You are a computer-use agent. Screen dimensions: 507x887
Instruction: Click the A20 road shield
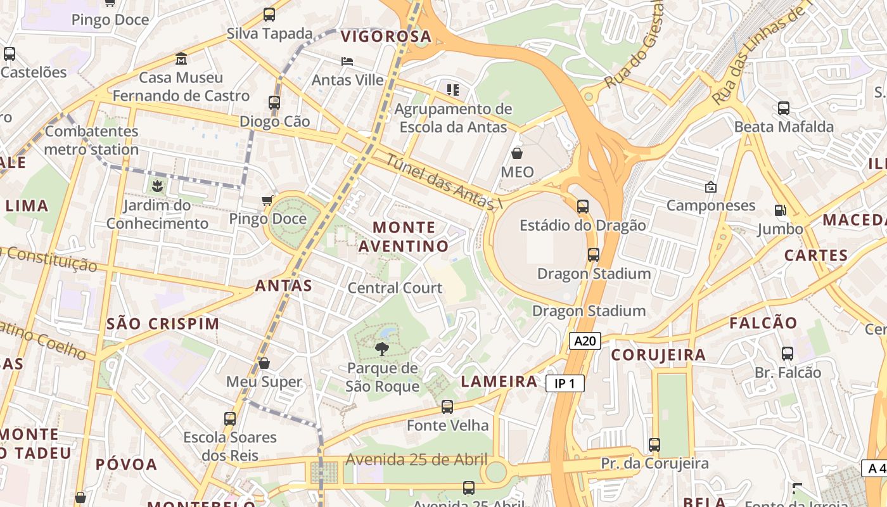584,342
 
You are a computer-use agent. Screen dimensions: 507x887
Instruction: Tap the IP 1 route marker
565,383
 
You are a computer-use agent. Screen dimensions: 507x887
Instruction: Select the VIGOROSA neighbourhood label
386,37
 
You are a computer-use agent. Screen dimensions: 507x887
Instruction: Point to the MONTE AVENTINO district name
404,236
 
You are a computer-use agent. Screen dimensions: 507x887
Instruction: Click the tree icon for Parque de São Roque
381,348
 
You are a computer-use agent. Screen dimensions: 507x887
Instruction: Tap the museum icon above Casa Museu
181,58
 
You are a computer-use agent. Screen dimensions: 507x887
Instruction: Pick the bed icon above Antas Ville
347,61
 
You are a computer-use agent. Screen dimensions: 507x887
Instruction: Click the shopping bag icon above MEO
517,153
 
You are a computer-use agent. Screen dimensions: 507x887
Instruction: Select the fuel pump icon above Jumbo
780,210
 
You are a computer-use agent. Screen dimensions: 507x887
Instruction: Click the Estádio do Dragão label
583,225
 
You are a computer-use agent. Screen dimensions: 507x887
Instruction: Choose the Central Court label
395,288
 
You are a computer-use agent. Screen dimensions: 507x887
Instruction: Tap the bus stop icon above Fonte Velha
447,406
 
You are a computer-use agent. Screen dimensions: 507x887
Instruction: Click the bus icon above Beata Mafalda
784,108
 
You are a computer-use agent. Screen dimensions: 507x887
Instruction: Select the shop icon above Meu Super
264,363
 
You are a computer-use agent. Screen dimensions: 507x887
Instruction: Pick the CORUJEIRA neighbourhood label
658,355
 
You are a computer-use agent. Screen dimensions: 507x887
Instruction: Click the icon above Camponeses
710,187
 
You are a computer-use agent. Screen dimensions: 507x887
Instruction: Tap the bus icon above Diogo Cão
274,102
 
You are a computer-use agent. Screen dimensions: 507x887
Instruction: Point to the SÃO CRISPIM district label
163,323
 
